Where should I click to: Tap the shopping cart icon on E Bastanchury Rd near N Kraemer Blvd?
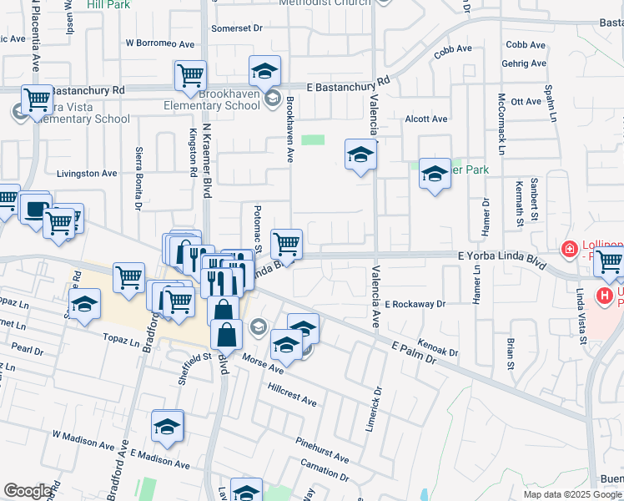pos(190,76)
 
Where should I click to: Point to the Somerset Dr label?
pos(237,28)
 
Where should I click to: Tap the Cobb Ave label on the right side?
pos(526,45)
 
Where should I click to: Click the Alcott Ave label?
pos(426,119)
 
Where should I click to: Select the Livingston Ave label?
pos(87,174)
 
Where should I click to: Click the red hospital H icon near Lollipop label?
pos(570,249)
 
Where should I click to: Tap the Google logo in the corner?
pos(28,490)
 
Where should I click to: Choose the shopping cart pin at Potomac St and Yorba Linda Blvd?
pos(286,244)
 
